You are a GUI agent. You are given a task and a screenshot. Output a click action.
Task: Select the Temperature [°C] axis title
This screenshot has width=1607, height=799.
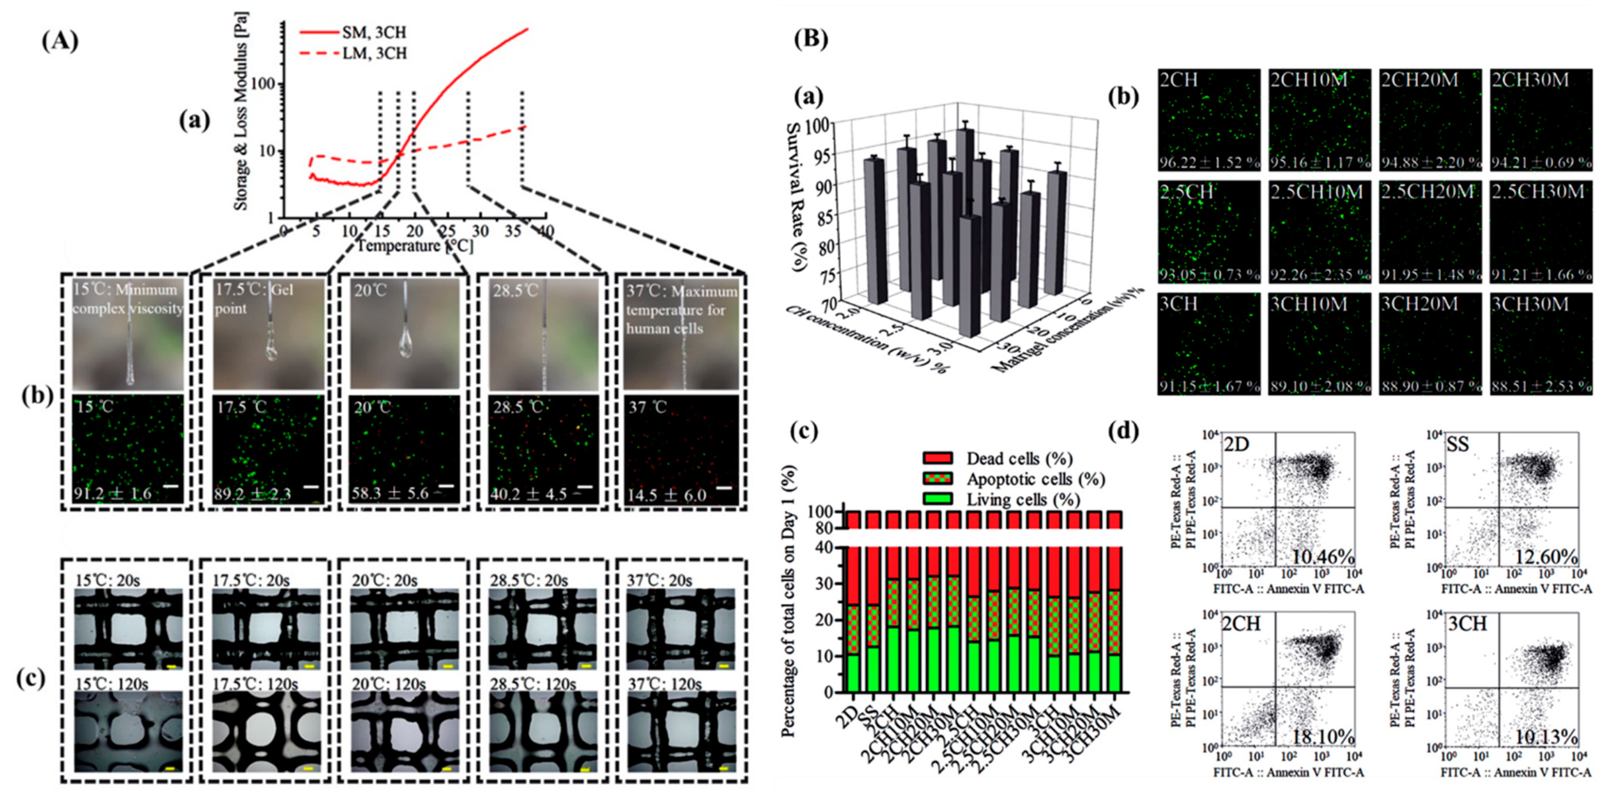coord(414,246)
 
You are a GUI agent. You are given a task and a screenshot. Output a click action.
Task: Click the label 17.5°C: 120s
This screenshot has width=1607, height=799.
coord(255,684)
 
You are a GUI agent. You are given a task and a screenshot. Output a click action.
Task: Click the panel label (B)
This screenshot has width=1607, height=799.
coord(811,39)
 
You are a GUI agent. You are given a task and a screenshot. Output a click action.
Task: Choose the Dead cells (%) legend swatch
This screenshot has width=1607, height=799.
coord(937,458)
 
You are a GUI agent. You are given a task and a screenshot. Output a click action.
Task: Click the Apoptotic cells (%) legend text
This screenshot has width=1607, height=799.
coord(1036,479)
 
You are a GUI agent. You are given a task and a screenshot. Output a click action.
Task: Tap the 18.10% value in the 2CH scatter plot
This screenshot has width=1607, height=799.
coord(1322,737)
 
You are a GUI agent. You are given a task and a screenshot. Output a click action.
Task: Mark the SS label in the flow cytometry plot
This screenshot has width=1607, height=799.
coord(1457,445)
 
